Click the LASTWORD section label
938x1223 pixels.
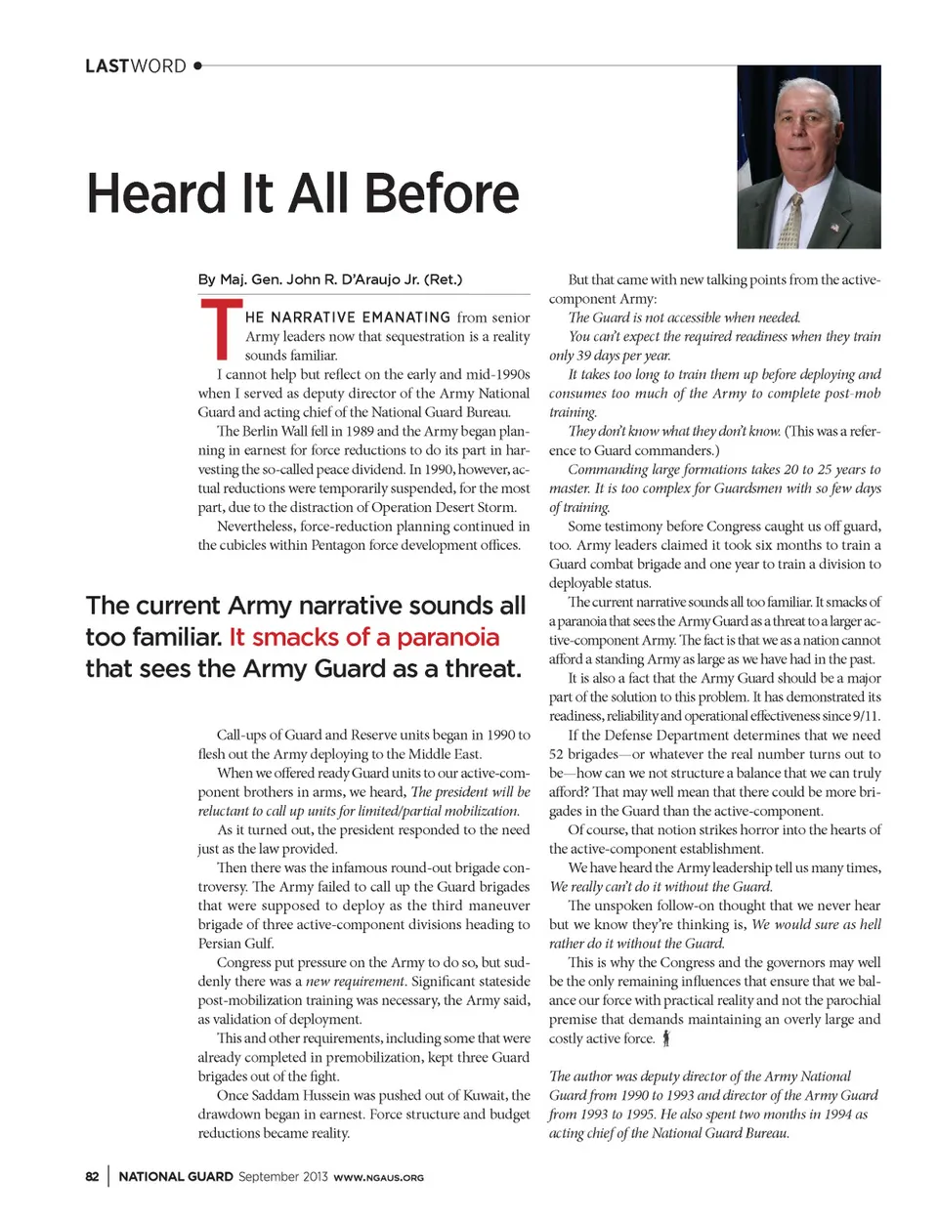135,66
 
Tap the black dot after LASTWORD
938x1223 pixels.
197,65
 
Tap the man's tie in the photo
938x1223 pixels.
792,221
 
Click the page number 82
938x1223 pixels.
92,1176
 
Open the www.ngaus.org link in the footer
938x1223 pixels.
379,1177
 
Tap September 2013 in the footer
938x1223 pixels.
282,1176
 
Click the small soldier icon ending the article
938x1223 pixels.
666,1038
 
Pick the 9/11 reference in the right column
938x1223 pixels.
866,716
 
